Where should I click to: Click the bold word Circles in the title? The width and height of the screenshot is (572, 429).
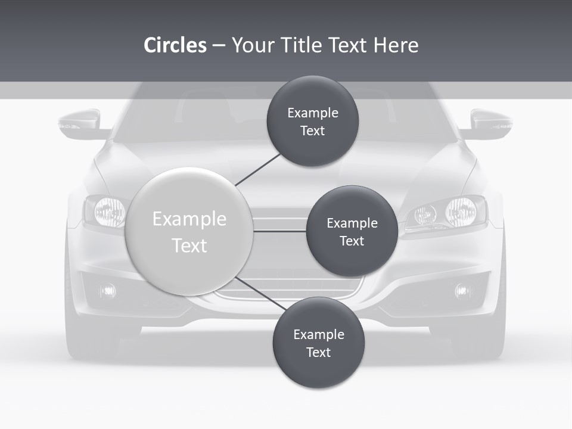[x=175, y=45]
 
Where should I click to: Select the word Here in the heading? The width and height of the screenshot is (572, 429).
[x=396, y=45]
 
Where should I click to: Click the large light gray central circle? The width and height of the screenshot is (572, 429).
[x=189, y=231]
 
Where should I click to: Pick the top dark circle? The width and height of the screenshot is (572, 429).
[x=312, y=121]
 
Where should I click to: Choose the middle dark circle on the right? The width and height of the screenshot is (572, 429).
[x=352, y=231]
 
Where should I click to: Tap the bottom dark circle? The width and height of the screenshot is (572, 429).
[x=318, y=343]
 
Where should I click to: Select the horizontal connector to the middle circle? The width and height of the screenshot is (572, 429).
[x=279, y=231]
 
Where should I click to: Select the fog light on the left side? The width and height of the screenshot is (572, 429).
[x=108, y=291]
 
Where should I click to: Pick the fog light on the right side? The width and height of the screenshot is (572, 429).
[x=462, y=291]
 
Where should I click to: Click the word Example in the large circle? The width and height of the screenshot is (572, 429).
[x=189, y=219]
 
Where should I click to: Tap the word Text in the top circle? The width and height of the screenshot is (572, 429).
[x=312, y=130]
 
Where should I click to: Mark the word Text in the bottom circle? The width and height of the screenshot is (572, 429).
[x=318, y=352]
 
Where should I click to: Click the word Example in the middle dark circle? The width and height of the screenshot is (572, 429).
[x=352, y=223]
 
